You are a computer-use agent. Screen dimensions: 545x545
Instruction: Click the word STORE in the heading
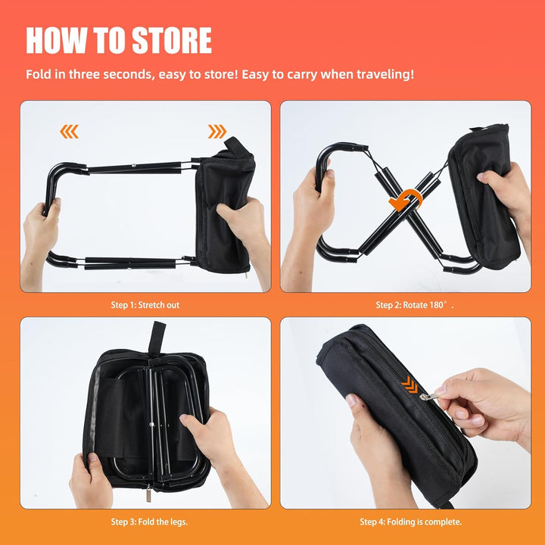tap(172, 40)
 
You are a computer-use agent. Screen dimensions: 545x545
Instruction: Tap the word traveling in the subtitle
tap(383, 74)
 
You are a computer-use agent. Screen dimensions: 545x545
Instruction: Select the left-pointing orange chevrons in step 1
tap(69, 132)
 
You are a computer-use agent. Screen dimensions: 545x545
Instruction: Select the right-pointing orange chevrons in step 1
tap(217, 132)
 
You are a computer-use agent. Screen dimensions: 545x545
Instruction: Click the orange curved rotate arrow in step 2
tap(406, 200)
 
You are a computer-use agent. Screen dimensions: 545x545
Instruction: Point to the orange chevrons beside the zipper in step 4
tap(410, 385)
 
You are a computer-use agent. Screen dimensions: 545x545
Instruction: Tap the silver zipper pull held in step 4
tap(427, 396)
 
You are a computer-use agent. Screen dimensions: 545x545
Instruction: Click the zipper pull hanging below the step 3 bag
tap(149, 494)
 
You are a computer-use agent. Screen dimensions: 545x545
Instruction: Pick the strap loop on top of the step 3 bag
tap(157, 338)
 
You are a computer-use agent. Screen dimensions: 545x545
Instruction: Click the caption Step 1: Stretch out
tap(145, 305)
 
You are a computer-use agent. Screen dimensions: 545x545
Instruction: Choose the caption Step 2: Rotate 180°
tap(415, 305)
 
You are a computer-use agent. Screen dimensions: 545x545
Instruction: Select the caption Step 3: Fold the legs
tap(149, 522)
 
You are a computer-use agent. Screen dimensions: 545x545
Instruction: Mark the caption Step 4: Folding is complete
tap(411, 522)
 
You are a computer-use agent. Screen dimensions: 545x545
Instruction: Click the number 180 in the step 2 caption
tap(436, 305)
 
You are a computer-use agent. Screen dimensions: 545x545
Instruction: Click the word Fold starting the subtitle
tap(39, 74)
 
